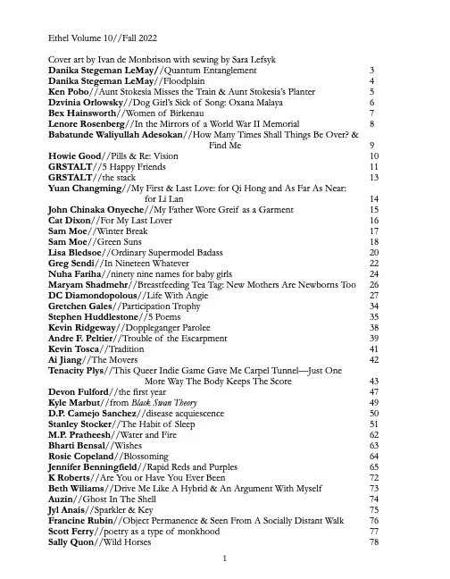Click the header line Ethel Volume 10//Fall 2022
pyautogui.click(x=98, y=38)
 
